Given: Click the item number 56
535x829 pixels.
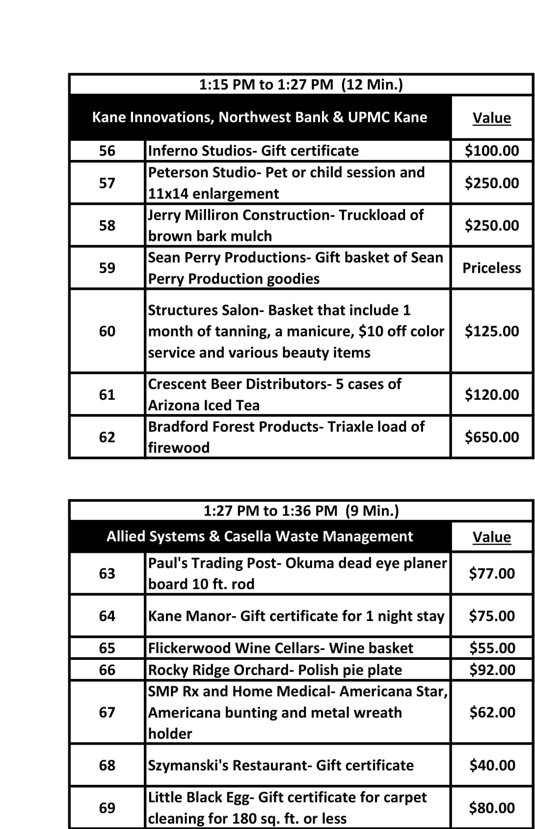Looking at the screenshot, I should click(x=107, y=151).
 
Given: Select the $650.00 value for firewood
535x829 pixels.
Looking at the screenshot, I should click(x=492, y=437).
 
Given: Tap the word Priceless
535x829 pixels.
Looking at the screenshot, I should click(x=492, y=268).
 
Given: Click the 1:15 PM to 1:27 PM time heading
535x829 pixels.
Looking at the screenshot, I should click(x=301, y=84).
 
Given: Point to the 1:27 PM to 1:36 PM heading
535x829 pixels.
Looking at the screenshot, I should click(x=301, y=511).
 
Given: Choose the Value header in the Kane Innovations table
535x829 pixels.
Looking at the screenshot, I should click(x=492, y=118).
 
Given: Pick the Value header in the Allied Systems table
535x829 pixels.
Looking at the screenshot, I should click(x=492, y=537).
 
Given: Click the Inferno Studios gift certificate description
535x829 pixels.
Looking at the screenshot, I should click(x=253, y=151).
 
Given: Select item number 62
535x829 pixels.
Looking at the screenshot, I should click(x=107, y=437).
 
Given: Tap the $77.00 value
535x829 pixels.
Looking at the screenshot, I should click(x=492, y=573).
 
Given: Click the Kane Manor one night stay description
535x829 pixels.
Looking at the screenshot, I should click(x=296, y=616).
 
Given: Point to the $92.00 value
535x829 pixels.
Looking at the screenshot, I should click(x=492, y=670).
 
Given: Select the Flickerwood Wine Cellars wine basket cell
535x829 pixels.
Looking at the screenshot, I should click(x=280, y=648).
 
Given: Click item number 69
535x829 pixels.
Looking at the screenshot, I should click(x=107, y=808).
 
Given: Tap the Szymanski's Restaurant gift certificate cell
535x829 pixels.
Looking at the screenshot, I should click(x=281, y=765).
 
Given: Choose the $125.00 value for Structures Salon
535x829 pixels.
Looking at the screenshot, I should click(x=492, y=331).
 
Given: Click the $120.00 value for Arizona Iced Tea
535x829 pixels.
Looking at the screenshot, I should click(x=492, y=394).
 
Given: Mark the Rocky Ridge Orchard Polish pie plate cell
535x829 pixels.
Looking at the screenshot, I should click(x=275, y=670).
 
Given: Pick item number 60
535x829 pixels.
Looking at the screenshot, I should click(x=107, y=331).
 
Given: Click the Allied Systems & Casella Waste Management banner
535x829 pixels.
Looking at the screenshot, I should click(x=260, y=536).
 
